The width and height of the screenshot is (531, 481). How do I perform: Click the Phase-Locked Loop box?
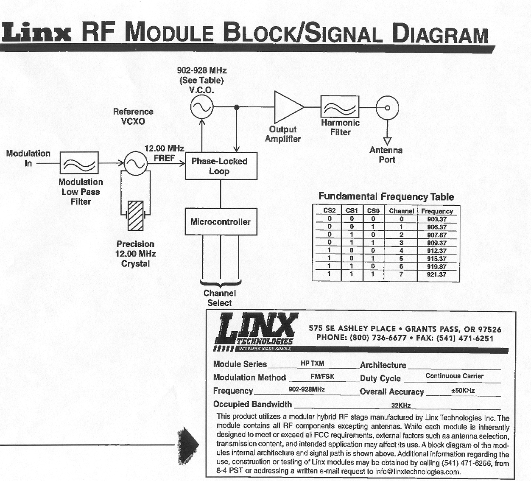pyautogui.click(x=221, y=166)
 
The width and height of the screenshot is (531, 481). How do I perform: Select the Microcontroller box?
pyautogui.click(x=221, y=221)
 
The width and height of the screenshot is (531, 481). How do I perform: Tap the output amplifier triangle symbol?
pyautogui.click(x=288, y=106)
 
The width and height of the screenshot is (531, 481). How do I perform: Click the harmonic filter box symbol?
pyautogui.click(x=340, y=106)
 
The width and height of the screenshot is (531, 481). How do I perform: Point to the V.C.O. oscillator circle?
pyautogui.click(x=201, y=107)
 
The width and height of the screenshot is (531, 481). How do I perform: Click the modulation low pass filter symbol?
pyautogui.click(x=79, y=163)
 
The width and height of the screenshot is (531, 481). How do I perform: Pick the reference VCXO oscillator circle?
pyautogui.click(x=135, y=163)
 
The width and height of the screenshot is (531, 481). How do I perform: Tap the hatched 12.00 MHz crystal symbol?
pyautogui.click(x=136, y=215)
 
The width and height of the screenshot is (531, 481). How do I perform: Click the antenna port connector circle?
pyautogui.click(x=387, y=107)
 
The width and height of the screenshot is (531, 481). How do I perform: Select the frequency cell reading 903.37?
pyautogui.click(x=437, y=219)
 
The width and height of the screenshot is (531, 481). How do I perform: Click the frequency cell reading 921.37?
pyautogui.click(x=437, y=274)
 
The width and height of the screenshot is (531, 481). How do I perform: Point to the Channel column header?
pyautogui.click(x=401, y=211)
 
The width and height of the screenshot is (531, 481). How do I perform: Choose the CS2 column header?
pyautogui.click(x=330, y=210)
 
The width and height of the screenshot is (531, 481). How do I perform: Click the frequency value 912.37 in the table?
pyautogui.click(x=437, y=251)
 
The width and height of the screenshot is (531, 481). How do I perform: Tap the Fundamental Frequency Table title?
pyautogui.click(x=386, y=197)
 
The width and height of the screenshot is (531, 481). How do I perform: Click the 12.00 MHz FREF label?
pyautogui.click(x=164, y=153)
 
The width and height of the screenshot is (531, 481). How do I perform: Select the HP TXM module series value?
pyautogui.click(x=312, y=364)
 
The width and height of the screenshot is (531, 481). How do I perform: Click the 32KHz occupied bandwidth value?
pyautogui.click(x=401, y=405)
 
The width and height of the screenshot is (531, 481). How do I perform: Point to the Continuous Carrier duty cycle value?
pyautogui.click(x=454, y=376)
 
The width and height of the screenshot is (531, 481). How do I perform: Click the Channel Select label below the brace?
pyautogui.click(x=220, y=298)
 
